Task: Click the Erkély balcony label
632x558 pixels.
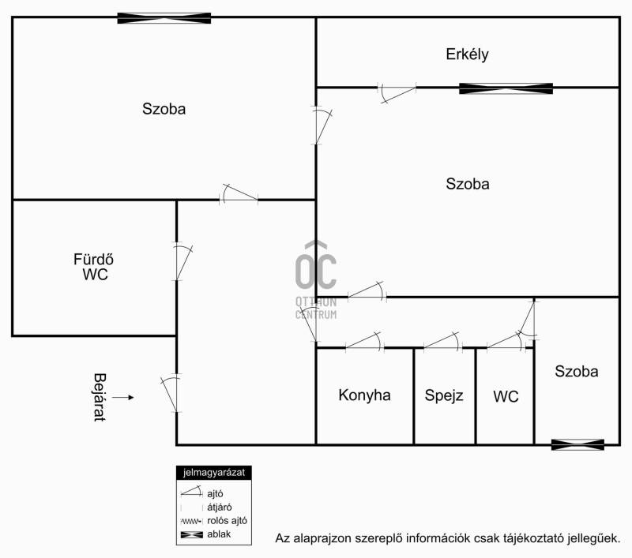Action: coord(467,54)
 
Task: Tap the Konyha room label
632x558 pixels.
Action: coord(364,395)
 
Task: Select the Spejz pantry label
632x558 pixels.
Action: coord(444,395)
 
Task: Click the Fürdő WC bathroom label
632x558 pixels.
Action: coord(93,267)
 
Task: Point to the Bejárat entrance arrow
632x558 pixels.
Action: coord(123,397)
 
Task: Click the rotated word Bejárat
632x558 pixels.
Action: coord(100,397)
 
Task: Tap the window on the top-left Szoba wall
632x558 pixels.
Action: coord(164,18)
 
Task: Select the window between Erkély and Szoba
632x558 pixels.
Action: coord(506,88)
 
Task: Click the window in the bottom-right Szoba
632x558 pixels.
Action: coord(577,444)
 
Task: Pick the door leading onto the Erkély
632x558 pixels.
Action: coord(397,93)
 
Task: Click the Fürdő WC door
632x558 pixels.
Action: coord(182,262)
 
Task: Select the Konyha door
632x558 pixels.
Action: coord(364,342)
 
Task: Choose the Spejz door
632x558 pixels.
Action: coord(442,342)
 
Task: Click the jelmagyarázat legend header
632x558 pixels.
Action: coord(214,473)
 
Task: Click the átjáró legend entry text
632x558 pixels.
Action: coord(220,507)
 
